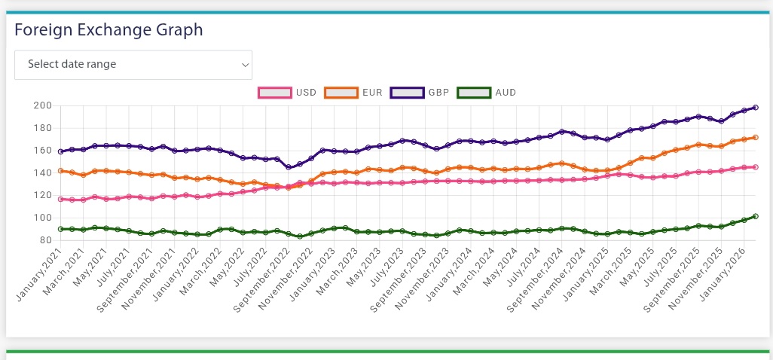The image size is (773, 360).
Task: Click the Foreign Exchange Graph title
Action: [x=108, y=30]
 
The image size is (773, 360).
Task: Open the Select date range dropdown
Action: [x=133, y=65]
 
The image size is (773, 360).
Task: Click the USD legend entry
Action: [x=287, y=93]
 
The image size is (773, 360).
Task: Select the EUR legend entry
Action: [x=354, y=93]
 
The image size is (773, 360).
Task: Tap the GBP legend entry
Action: [x=420, y=93]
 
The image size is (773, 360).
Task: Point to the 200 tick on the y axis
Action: [x=41, y=105]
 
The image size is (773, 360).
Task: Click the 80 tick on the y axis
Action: [x=44, y=240]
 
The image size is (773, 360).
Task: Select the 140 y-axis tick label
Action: [x=41, y=173]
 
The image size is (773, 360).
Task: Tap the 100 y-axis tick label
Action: [x=41, y=218]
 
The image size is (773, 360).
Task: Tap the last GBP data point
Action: [x=756, y=108]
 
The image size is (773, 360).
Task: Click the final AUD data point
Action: [x=756, y=216]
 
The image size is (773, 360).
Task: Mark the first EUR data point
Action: [x=60, y=171]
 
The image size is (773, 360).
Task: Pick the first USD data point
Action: [x=60, y=199]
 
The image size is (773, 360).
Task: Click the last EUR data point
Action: [x=756, y=137]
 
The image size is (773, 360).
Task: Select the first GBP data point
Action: [x=60, y=151]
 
